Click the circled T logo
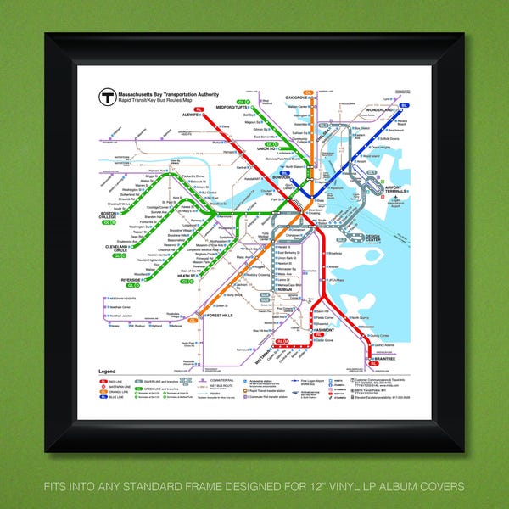click(x=107, y=97)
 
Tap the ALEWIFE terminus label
click(x=189, y=115)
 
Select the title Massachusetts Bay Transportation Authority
click(x=165, y=92)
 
